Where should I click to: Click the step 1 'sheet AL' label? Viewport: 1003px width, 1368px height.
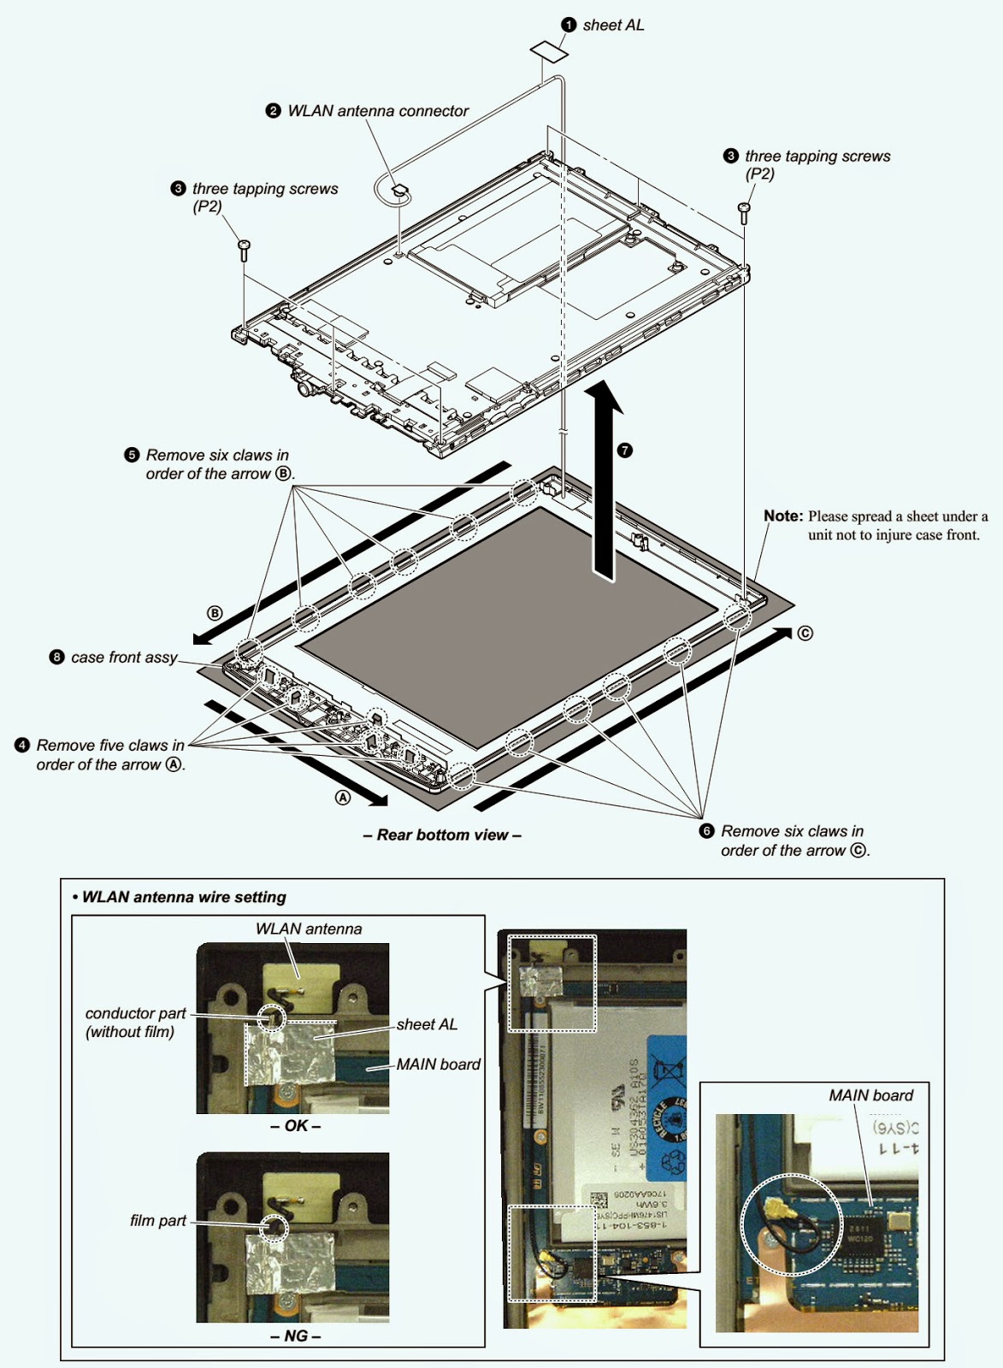coord(613,26)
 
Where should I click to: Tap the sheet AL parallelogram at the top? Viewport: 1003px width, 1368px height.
coord(549,49)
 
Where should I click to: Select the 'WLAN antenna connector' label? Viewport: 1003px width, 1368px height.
coord(378,111)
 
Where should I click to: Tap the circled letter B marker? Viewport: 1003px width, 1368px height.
coord(215,613)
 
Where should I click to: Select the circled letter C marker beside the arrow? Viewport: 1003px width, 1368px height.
coord(805,634)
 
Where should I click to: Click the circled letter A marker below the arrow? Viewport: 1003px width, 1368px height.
coord(343,797)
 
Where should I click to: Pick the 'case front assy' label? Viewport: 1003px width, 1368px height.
coord(124,657)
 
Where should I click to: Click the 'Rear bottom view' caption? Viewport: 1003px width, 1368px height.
coord(442,835)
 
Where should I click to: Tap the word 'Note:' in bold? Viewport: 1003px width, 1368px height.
coord(783,516)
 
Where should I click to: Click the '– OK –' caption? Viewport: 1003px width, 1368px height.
coord(295,1126)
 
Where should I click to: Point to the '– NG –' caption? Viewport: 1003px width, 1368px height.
coord(295,1336)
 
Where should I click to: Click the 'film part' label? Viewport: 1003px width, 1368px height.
coord(158,1221)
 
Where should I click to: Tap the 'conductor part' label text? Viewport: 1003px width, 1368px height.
coord(135,1014)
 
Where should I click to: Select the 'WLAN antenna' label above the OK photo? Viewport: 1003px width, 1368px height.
coord(309,929)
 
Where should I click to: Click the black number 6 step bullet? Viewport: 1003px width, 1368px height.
coord(706,831)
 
